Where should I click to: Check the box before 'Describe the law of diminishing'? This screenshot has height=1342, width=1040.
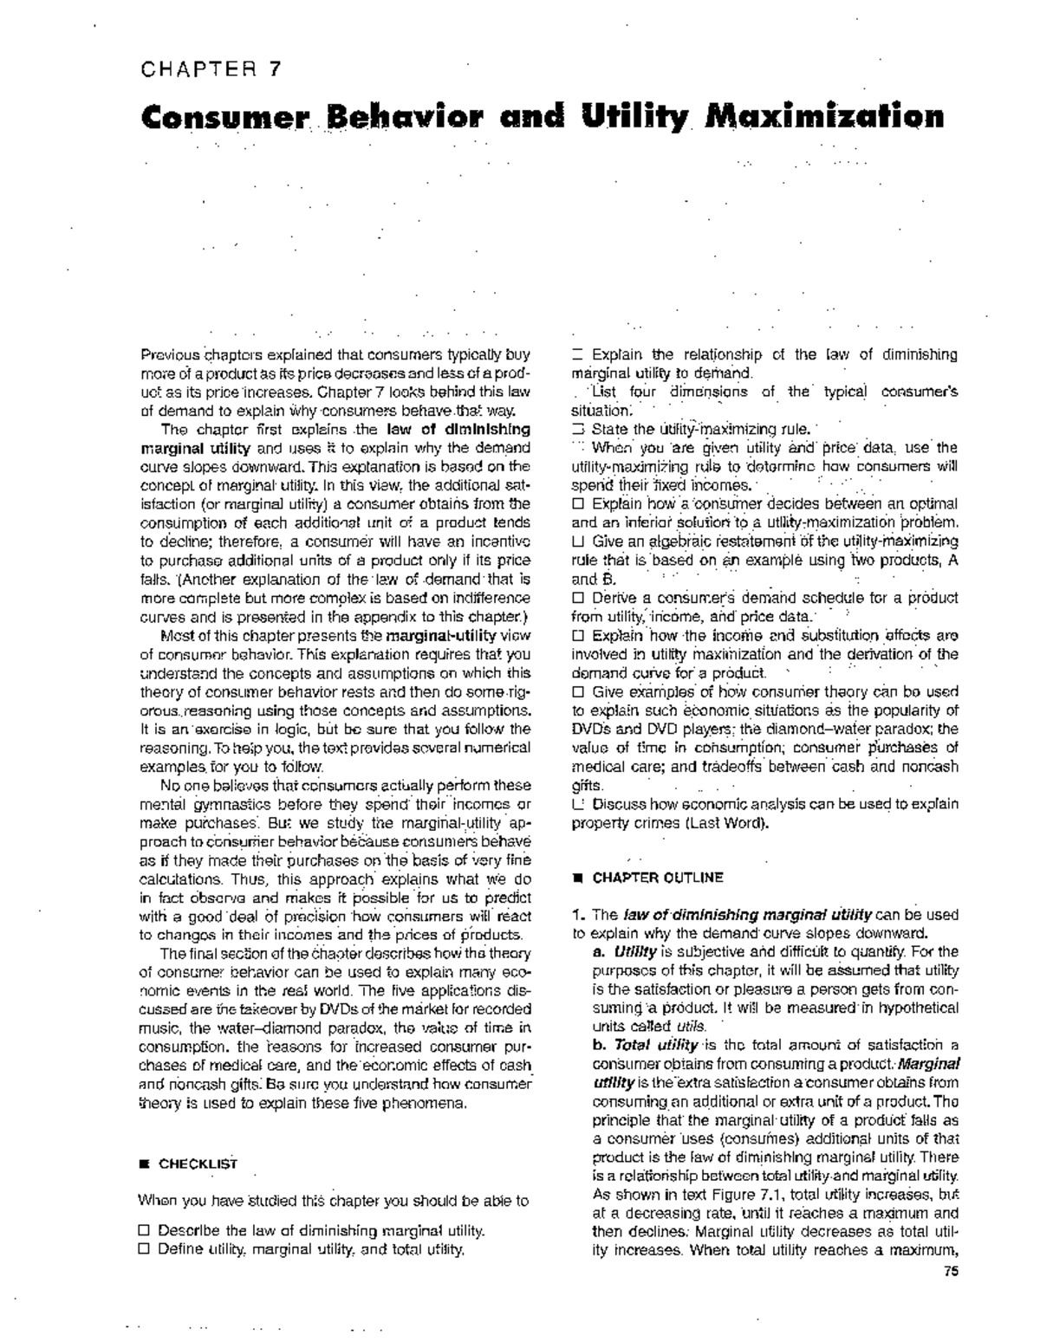tap(145, 1230)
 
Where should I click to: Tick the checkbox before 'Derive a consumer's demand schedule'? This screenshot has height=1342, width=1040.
tap(578, 598)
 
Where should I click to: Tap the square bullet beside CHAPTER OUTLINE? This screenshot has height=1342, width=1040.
tap(575, 878)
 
